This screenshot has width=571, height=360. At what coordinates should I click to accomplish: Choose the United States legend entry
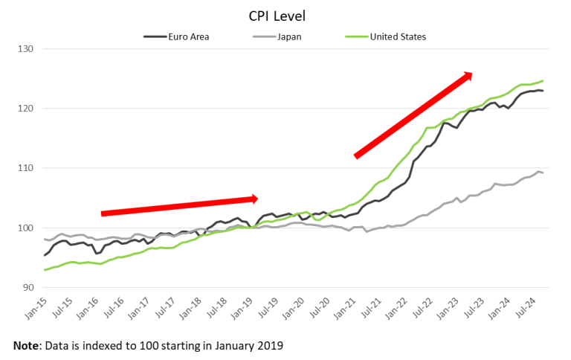397,35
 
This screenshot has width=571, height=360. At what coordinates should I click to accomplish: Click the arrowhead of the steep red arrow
466,75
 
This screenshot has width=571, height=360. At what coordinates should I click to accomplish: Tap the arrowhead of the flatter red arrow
254,199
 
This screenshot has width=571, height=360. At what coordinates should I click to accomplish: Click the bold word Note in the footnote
27,346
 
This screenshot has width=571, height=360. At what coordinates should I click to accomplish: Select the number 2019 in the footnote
268,346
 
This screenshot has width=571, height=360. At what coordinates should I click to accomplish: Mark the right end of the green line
543,80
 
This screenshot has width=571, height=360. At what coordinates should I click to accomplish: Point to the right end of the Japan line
543,173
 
